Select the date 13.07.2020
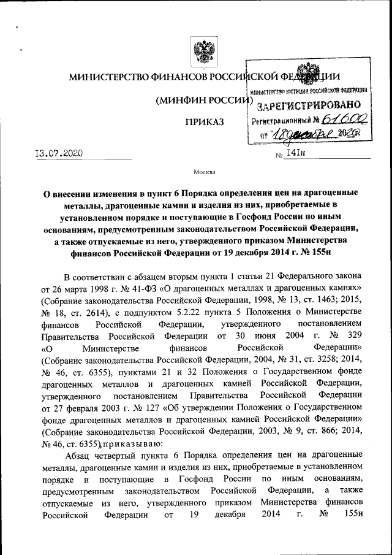(56, 153)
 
